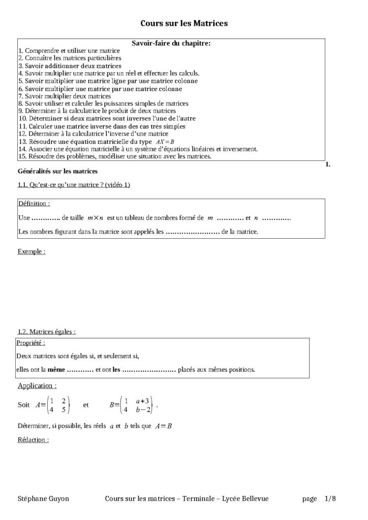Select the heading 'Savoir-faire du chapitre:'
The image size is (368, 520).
coord(171,44)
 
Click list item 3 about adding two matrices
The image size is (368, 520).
coord(70,66)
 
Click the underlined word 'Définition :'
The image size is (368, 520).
coord(34,204)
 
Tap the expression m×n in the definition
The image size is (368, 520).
coord(95,218)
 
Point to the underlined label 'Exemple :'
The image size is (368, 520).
coord(32,251)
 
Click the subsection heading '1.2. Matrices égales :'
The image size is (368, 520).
coord(47,332)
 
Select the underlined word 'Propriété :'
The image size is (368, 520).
coord(31,343)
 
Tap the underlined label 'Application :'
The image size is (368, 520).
coord(37,386)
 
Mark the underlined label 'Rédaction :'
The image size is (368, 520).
coord(33,440)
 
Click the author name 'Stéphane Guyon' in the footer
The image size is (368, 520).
coord(43,499)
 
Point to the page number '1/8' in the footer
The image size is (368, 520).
coord(330,499)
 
